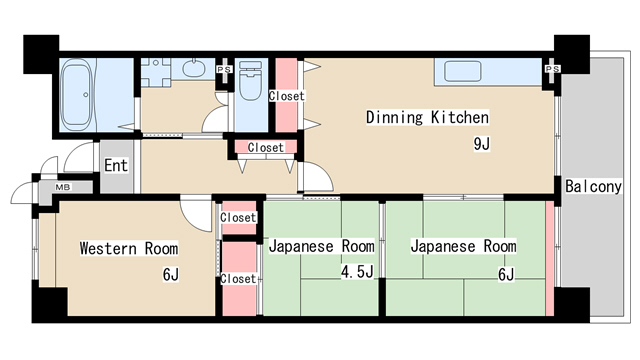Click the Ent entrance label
116,165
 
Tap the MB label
62,187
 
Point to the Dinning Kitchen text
426,117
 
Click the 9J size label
481,143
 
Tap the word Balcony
594,187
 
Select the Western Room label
129,248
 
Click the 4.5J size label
356,272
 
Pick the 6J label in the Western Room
170,275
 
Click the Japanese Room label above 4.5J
321,246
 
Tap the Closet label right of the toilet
287,96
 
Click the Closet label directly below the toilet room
265,147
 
